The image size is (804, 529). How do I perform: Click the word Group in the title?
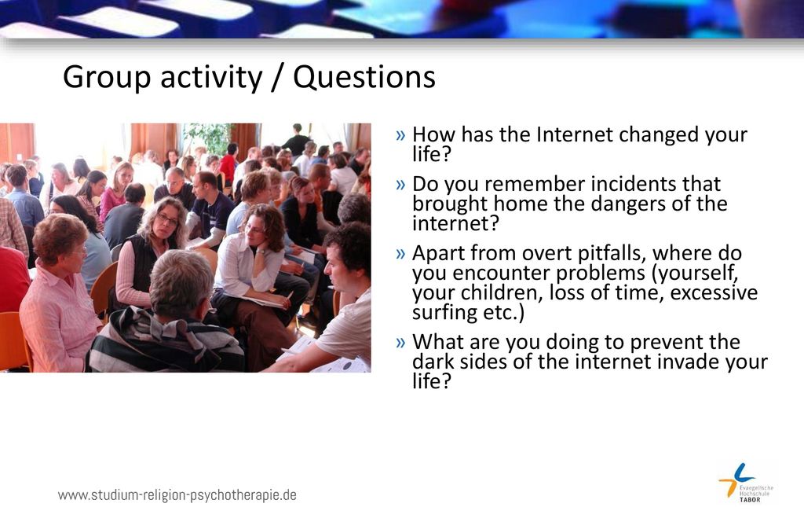point(107,78)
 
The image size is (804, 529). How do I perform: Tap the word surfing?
point(444,313)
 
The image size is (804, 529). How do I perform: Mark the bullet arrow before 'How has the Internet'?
point(400,135)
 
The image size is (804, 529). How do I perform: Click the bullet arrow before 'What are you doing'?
point(400,343)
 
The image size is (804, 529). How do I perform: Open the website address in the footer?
point(177,495)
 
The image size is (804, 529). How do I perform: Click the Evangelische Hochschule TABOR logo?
point(746,483)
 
